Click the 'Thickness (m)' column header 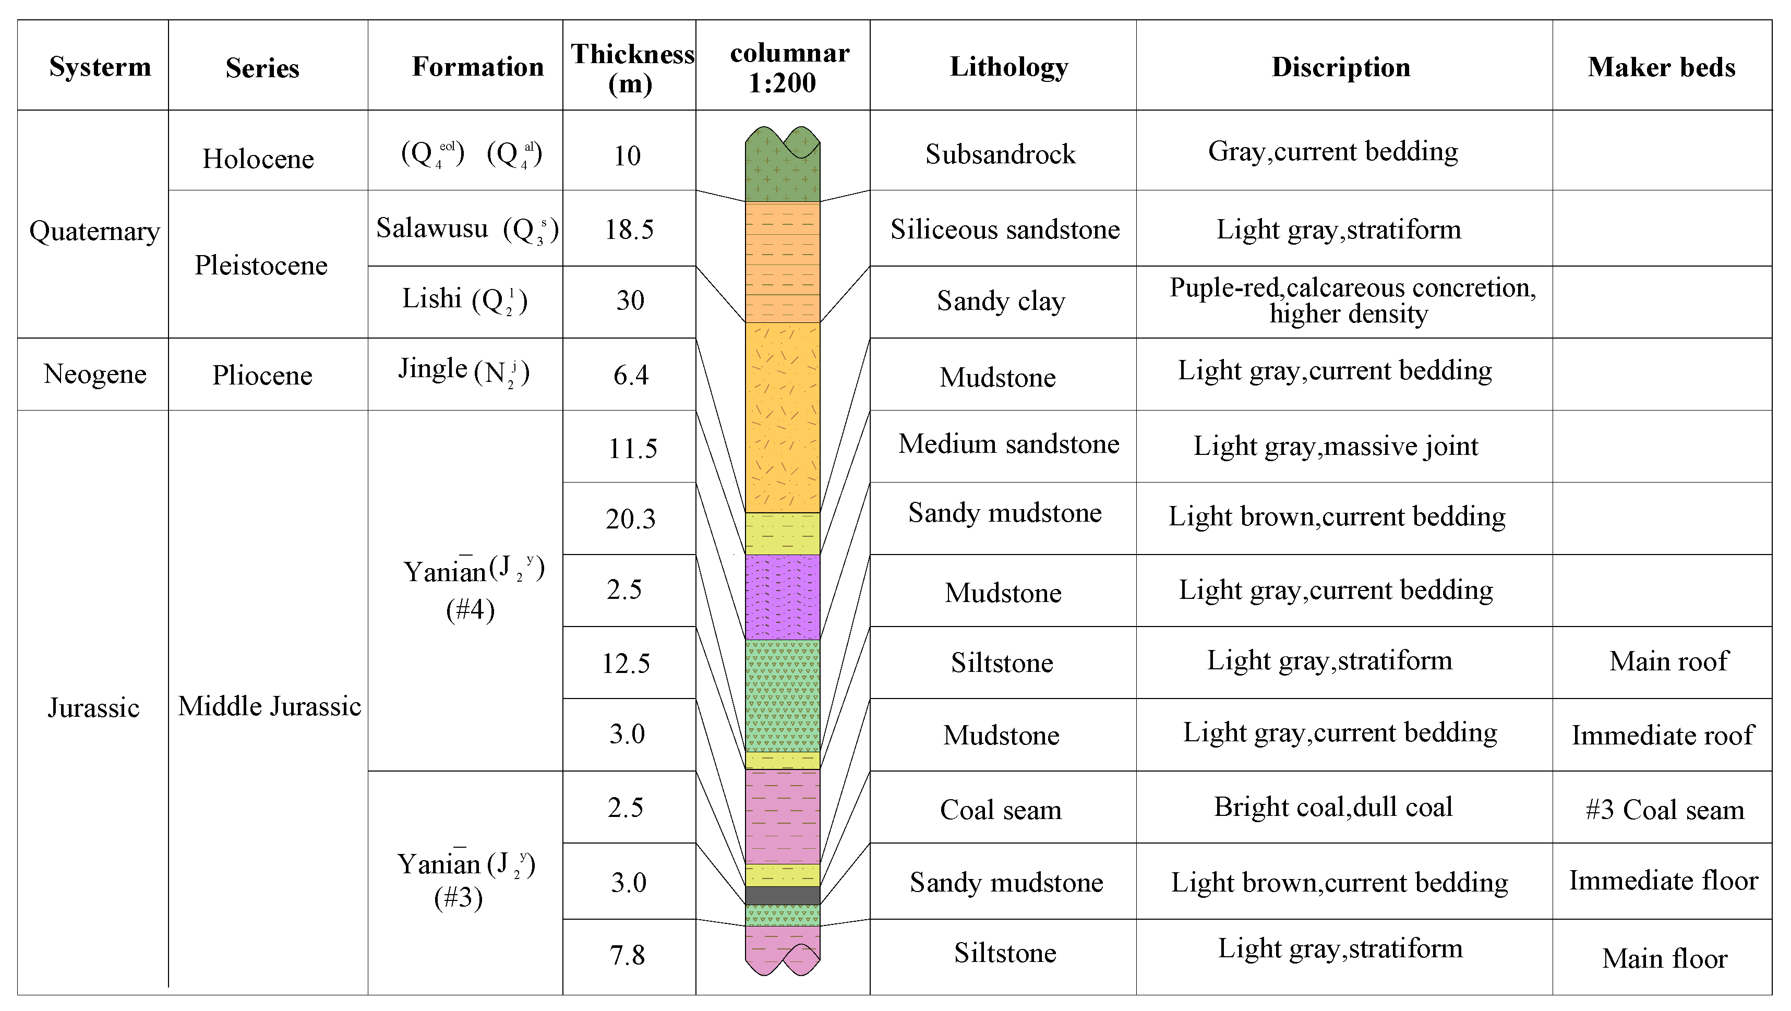tap(631, 67)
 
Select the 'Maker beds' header tap(1661, 67)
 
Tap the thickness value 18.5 tap(629, 230)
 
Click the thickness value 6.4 tap(631, 376)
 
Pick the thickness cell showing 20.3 tap(630, 519)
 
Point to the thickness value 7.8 tap(627, 955)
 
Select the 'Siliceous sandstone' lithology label tap(1005, 230)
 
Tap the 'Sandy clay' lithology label tap(1001, 301)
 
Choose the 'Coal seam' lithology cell tap(1001, 810)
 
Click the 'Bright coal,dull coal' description tap(1333, 807)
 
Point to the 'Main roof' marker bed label tap(1668, 661)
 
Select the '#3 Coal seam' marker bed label tap(1664, 810)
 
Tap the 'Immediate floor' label tap(1663, 881)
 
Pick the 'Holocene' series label tap(258, 159)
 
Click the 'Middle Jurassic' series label tap(269, 706)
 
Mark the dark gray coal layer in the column tap(782, 896)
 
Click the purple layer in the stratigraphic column tap(782, 597)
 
